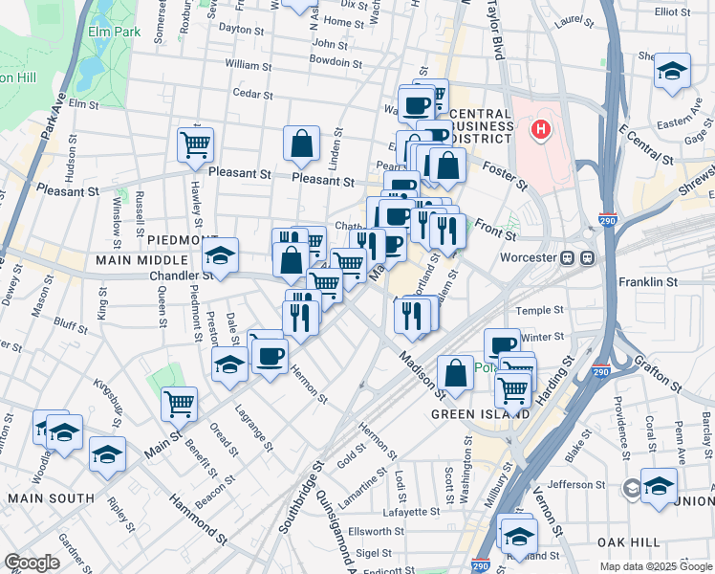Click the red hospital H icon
tap(541, 129)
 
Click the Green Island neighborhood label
tap(480, 414)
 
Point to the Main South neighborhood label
tap(51, 497)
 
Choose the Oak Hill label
tap(630, 541)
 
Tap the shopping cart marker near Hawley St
tap(195, 145)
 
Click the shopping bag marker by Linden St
tap(301, 144)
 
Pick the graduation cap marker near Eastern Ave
tap(672, 71)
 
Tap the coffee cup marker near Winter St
tap(502, 345)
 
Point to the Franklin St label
tap(648, 282)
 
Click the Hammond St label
tap(198, 517)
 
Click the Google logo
tap(32, 562)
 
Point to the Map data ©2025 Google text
tap(655, 566)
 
